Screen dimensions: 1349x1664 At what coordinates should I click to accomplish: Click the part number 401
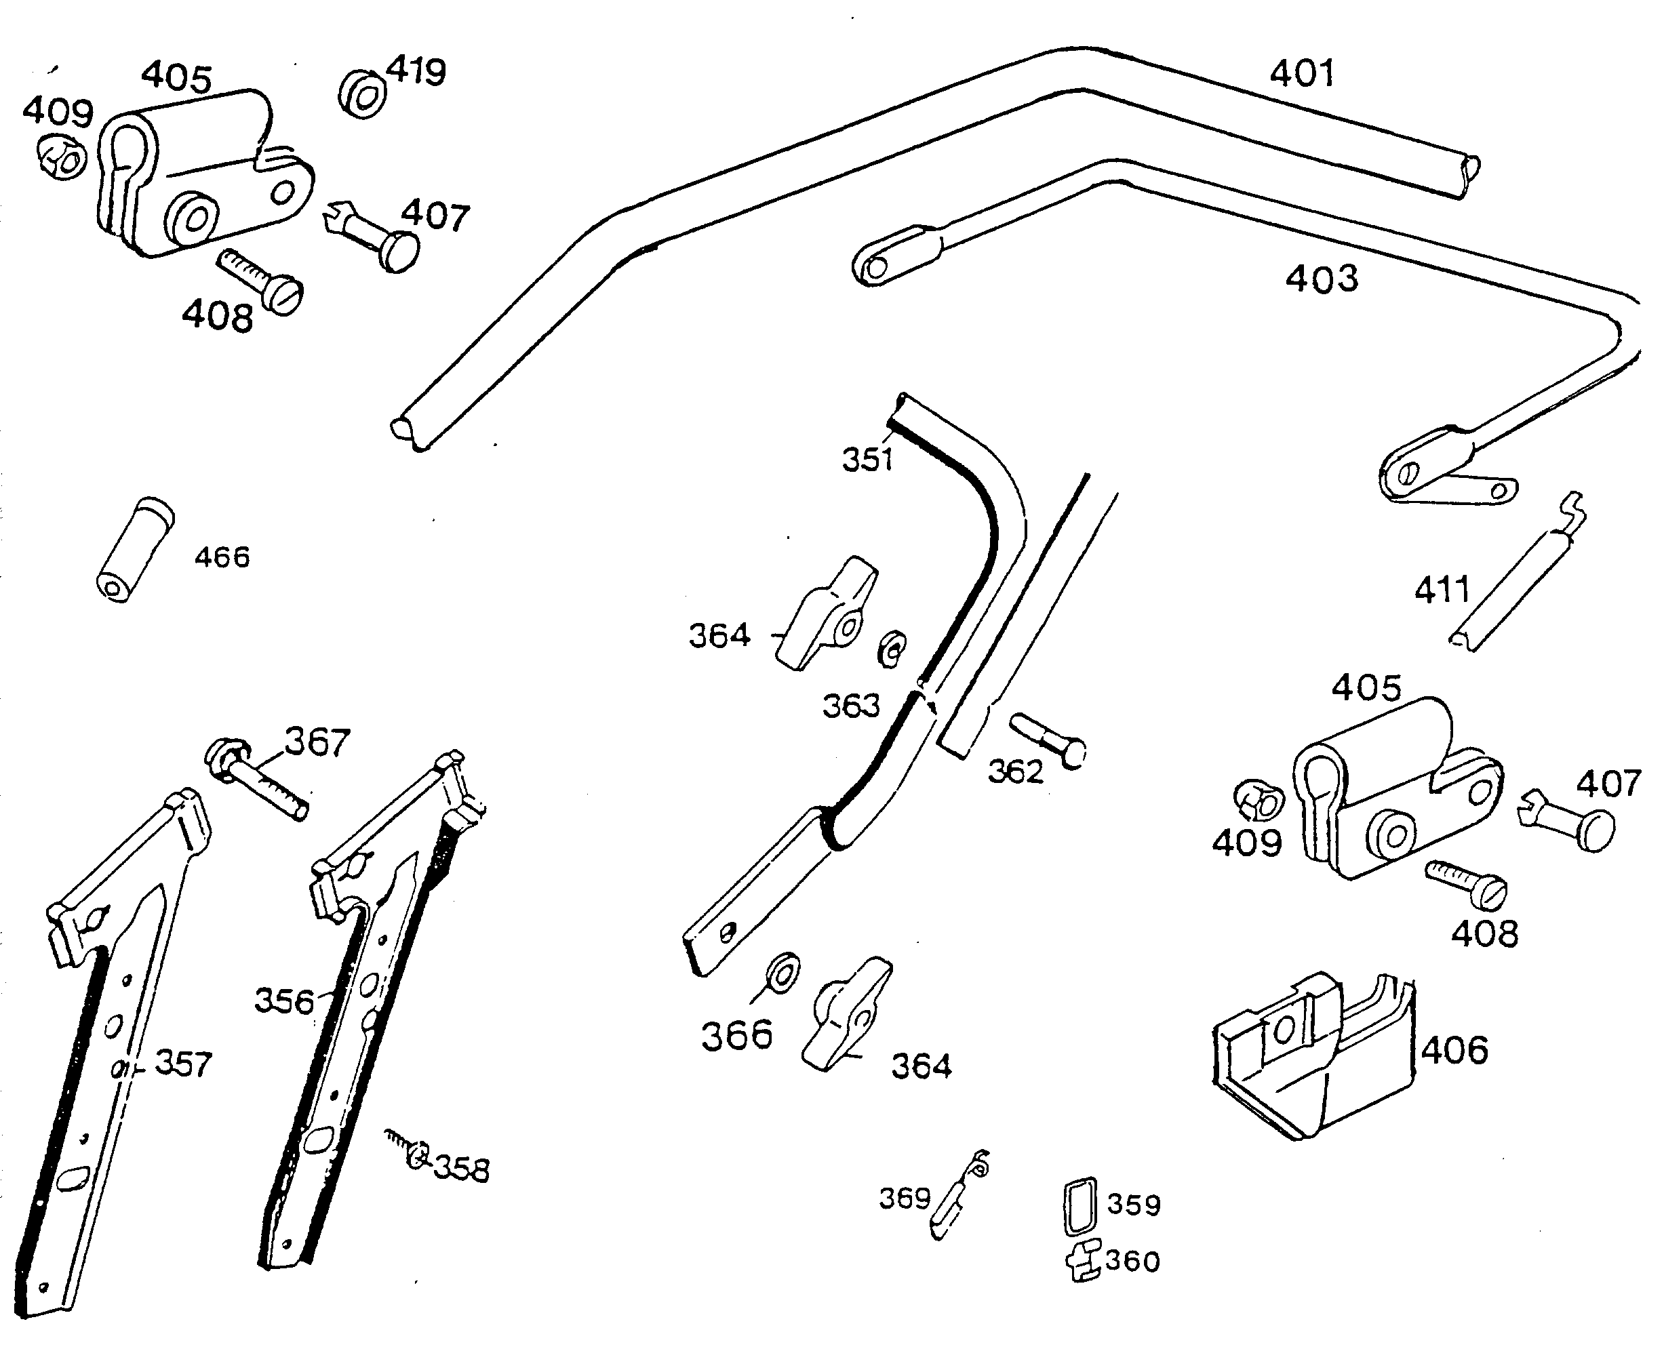click(1302, 74)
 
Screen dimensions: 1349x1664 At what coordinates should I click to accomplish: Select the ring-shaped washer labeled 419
click(362, 95)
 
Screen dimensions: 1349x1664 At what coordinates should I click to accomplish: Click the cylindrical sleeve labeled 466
click(135, 549)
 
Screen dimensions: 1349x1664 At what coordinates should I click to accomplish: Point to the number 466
click(222, 557)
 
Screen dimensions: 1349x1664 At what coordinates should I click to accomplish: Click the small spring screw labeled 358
click(410, 1151)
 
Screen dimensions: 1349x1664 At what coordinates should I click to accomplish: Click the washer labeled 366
click(782, 972)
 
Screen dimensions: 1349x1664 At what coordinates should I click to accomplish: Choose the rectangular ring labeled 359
click(1079, 1205)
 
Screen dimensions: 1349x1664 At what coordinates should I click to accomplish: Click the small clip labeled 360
click(1083, 1260)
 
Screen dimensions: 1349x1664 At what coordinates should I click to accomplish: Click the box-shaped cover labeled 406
click(1313, 1057)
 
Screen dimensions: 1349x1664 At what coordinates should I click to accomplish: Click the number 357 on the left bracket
click(184, 1064)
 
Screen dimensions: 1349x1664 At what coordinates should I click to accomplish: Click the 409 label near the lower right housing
click(1246, 843)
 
